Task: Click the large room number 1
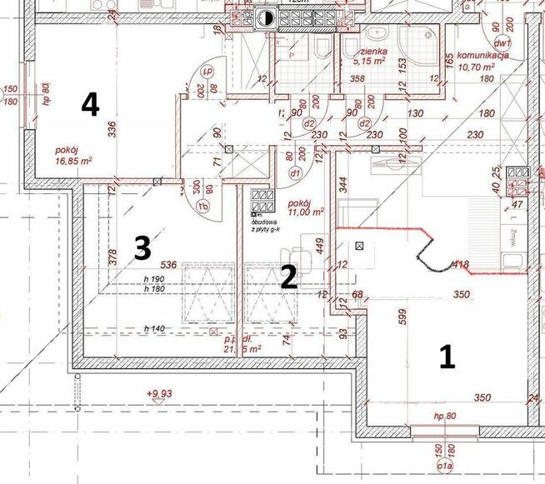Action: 447,357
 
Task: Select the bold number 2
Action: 288,277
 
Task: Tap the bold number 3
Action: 142,247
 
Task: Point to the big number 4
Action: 90,104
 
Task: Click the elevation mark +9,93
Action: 162,393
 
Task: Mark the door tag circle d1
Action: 294,173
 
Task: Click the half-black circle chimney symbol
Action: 266,17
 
